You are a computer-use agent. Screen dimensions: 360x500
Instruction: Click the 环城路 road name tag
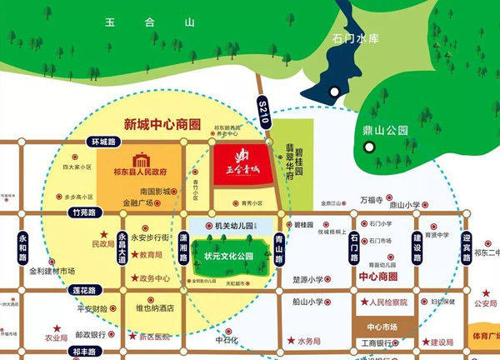(102, 142)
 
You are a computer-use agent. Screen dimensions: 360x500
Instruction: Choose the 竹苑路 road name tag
(86, 213)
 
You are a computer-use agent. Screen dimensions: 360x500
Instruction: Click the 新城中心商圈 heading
(162, 124)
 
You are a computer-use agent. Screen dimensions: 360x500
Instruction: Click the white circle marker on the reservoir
(334, 92)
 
